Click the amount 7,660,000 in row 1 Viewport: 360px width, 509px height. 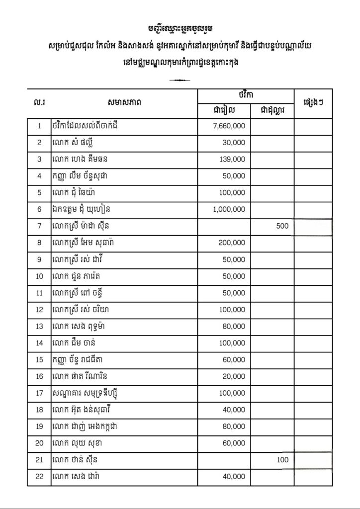[x=229, y=126]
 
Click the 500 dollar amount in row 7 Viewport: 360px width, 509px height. [x=281, y=226]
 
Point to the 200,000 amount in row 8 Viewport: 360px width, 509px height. [x=231, y=243]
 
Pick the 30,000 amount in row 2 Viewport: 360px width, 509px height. [x=235, y=143]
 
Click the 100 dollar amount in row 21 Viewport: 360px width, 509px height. [x=282, y=460]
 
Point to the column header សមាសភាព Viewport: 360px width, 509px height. [x=124, y=103]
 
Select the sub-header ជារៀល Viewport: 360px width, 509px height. [x=223, y=110]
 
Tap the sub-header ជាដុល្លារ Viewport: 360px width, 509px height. [x=272, y=110]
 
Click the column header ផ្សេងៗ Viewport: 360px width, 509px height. [x=313, y=103]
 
